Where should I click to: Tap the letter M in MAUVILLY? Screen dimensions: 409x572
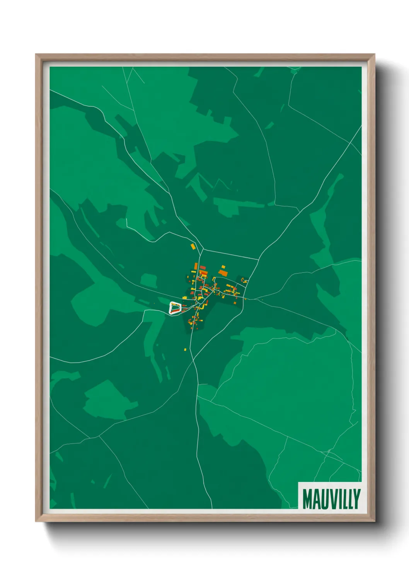point(307,499)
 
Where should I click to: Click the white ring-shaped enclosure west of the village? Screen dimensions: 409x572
point(175,308)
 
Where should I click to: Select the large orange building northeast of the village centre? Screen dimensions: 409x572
point(223,273)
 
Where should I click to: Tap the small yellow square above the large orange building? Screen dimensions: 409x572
point(223,266)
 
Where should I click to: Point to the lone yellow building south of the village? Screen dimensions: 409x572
point(185,350)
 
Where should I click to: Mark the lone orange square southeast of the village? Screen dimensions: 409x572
point(244,298)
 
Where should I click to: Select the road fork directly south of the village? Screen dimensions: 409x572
point(193,357)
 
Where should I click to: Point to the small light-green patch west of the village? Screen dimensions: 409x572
point(148,280)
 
